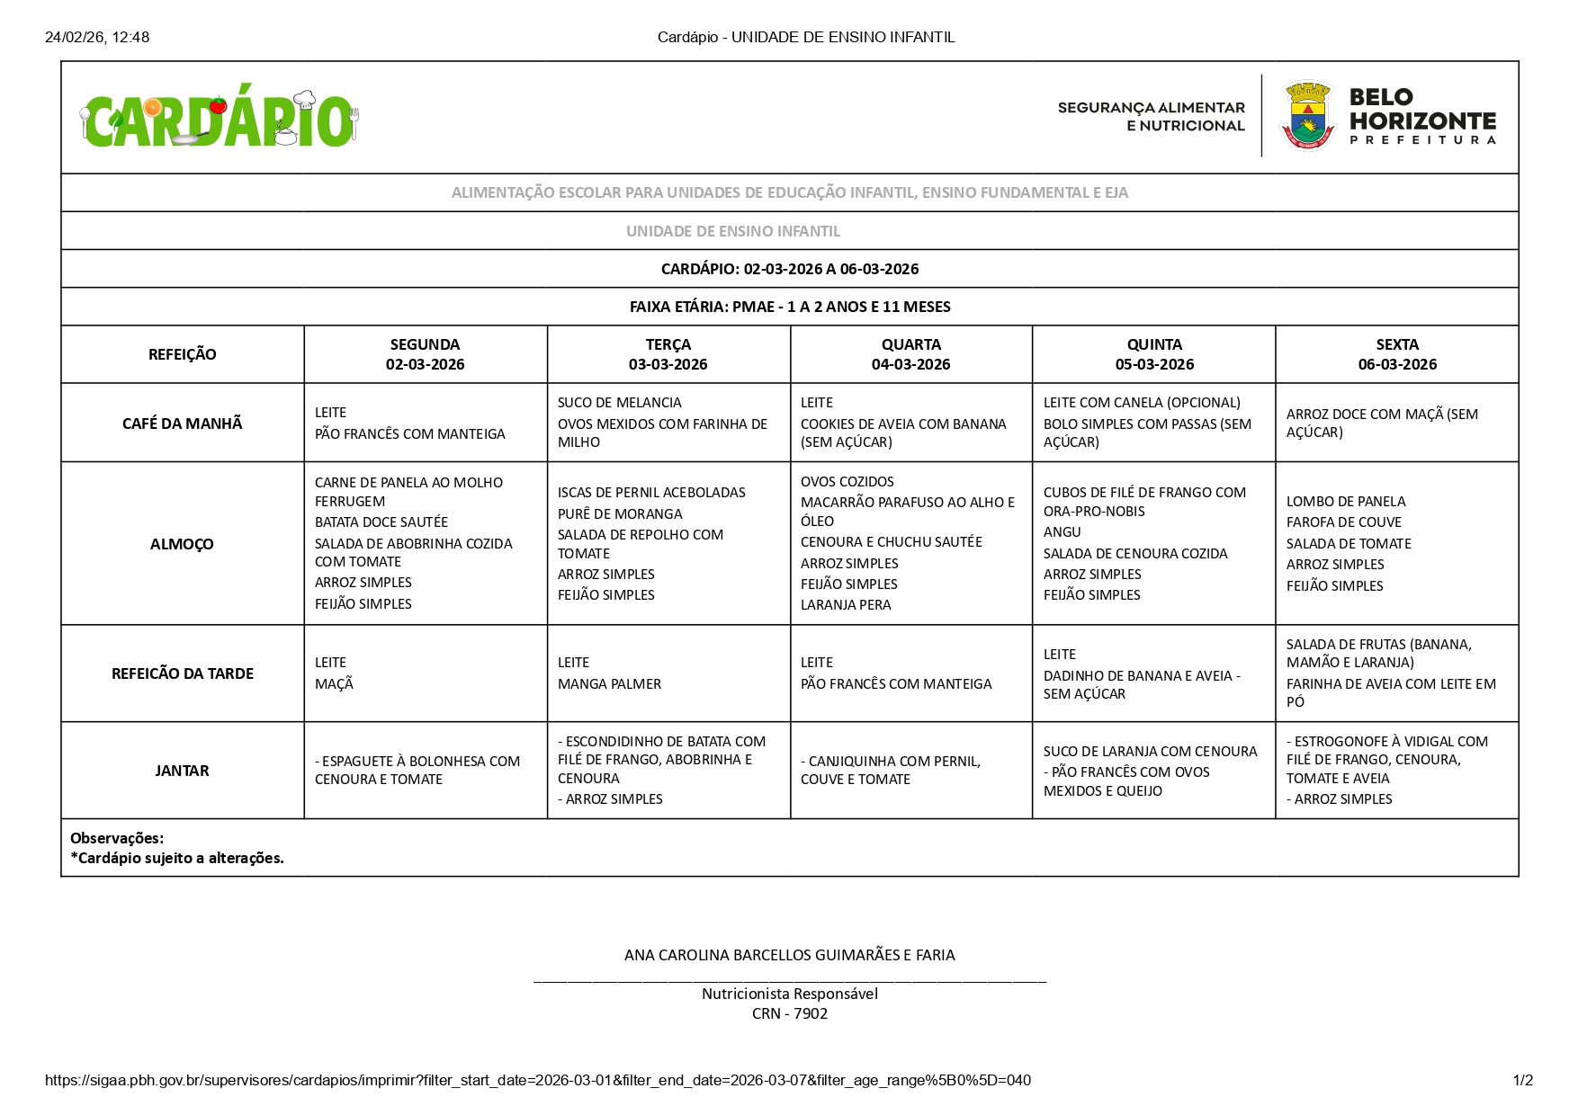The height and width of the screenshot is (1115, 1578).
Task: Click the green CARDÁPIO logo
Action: (219, 120)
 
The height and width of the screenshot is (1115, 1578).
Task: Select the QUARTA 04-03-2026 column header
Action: (910, 354)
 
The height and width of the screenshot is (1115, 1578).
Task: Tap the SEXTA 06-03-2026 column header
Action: (1396, 354)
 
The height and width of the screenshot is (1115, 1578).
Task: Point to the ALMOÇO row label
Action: (182, 544)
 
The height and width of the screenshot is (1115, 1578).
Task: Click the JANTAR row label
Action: (182, 771)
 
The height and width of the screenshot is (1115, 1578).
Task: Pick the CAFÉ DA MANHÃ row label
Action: (182, 424)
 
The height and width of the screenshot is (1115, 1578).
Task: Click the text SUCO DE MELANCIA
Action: (619, 403)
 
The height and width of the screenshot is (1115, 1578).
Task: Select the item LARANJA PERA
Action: (846, 605)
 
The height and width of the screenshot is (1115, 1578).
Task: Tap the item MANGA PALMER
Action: (609, 684)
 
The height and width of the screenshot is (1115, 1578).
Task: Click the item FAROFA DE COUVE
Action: (1343, 522)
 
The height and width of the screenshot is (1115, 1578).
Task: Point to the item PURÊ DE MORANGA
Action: (620, 514)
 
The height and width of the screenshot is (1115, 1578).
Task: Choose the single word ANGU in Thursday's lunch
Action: (1062, 532)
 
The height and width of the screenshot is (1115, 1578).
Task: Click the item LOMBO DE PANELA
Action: (1345, 502)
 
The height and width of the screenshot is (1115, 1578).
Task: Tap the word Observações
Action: (117, 838)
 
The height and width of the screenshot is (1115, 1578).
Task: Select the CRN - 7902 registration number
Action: (789, 1013)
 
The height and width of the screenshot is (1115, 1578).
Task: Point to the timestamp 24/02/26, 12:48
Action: (97, 37)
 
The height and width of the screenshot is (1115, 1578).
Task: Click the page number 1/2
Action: (1522, 1080)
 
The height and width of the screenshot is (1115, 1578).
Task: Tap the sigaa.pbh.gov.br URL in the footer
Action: (537, 1080)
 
